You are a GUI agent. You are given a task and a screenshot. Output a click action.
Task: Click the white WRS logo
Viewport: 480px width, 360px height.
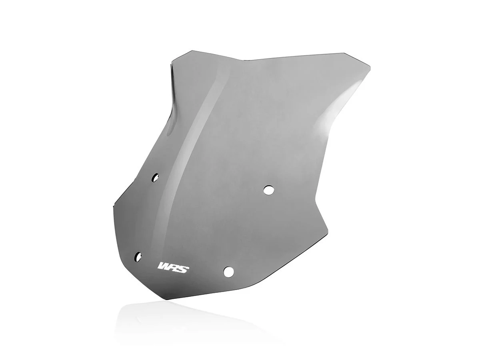point(174,266)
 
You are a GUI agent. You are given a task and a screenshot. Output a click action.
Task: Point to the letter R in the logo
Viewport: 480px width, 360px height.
point(175,266)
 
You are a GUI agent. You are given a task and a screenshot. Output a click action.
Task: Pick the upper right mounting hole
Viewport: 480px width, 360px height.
point(269,189)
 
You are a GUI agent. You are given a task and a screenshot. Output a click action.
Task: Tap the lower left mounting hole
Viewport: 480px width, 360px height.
point(139,256)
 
